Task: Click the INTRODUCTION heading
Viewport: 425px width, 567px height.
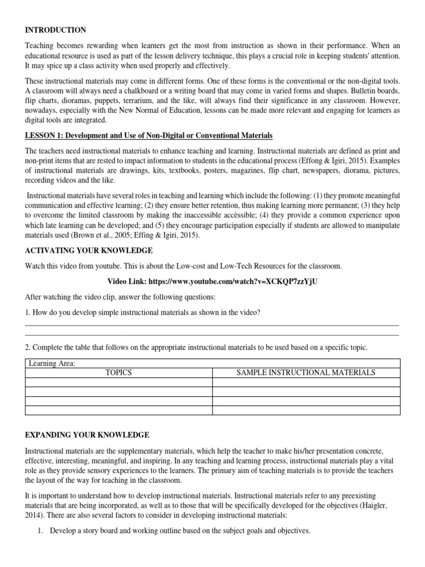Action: tap(55, 30)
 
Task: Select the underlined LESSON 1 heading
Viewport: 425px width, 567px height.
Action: tap(149, 136)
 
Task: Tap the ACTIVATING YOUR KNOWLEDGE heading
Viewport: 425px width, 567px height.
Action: tap(89, 250)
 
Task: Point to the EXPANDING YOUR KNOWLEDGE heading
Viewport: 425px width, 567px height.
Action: tap(87, 435)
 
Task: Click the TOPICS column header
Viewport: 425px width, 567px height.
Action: tap(118, 373)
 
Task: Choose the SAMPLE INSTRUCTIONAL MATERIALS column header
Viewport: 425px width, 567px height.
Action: tap(306, 373)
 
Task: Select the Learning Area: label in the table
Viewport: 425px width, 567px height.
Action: tap(51, 363)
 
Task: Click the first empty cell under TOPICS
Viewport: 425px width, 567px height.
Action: tap(118, 382)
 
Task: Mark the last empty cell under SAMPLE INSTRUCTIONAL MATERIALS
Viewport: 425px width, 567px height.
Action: tap(306, 410)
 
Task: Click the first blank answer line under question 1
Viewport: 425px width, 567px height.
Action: tap(212, 325)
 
